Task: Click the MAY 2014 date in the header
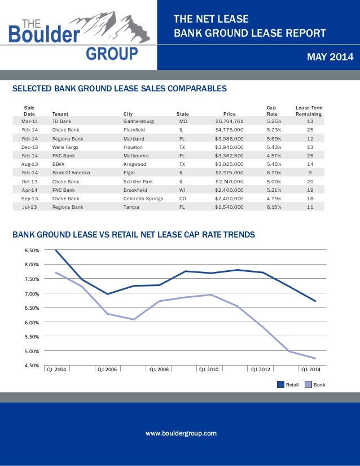(330, 57)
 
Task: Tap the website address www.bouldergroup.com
(181, 433)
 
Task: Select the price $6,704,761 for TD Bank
(229, 121)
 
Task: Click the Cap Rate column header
(272, 111)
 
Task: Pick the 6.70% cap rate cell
(274, 173)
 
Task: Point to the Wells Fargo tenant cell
(65, 147)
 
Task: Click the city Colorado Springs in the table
(143, 199)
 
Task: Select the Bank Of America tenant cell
(71, 173)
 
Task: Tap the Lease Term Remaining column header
(309, 111)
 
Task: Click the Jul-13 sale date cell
(29, 207)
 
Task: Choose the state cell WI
(182, 190)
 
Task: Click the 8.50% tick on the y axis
(32, 250)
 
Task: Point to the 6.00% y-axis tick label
(32, 323)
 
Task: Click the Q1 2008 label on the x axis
(159, 370)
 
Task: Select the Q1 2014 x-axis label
(311, 370)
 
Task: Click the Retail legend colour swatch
(280, 385)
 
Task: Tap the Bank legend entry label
(319, 385)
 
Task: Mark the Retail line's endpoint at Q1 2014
(315, 301)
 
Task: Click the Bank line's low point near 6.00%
(133, 319)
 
